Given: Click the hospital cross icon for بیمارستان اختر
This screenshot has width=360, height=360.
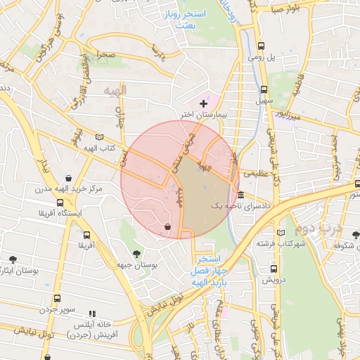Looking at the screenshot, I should (x=204, y=103).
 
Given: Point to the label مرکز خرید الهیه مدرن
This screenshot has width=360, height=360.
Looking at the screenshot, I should (x=68, y=189).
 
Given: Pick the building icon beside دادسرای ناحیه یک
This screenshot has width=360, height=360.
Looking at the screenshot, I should (x=241, y=195).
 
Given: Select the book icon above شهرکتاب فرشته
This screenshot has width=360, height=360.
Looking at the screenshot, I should (x=281, y=232).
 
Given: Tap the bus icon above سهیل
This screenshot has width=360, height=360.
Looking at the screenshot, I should (x=264, y=90).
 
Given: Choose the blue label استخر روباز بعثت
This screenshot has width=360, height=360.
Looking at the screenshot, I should (x=200, y=19).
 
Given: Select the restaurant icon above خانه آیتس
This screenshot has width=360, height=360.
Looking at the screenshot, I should (x=91, y=314).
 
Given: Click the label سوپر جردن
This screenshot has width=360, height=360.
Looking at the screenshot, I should (x=57, y=309).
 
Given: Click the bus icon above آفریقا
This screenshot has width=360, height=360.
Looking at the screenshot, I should (x=86, y=236).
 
